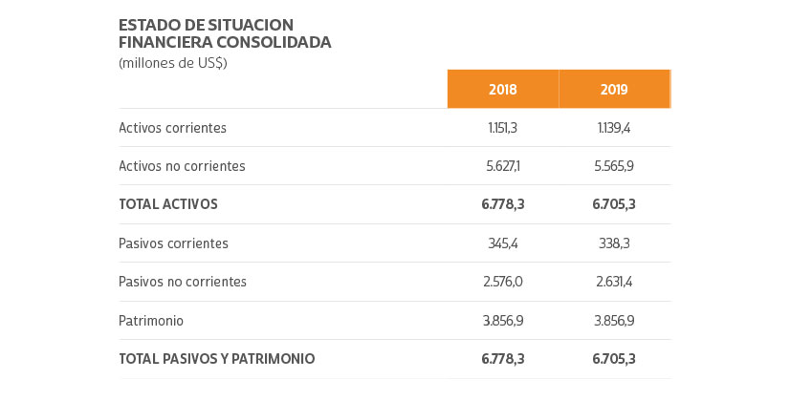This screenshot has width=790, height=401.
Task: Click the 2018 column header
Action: click(x=502, y=90)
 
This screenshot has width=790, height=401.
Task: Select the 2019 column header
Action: click(x=614, y=90)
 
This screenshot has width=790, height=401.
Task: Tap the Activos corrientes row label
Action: click(x=172, y=128)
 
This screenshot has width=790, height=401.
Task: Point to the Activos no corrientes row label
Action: click(x=182, y=166)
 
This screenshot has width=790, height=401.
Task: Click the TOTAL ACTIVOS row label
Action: click(x=168, y=204)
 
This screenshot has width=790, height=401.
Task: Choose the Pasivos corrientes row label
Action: click(x=173, y=243)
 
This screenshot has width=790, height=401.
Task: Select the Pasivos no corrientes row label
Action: click(x=183, y=282)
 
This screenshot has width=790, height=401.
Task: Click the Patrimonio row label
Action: click(x=151, y=321)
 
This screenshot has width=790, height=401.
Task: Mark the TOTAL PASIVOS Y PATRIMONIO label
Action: click(x=216, y=359)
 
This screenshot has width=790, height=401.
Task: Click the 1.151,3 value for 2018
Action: click(x=502, y=128)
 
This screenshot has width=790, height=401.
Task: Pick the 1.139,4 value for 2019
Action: click(x=614, y=128)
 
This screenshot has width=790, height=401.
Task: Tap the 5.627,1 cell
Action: click(x=502, y=166)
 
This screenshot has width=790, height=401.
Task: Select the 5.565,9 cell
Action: click(x=614, y=166)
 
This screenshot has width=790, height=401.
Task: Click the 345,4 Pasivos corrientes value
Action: click(x=502, y=243)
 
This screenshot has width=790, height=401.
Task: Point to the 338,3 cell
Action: click(x=614, y=243)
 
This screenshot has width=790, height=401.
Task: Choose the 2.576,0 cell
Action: click(x=502, y=282)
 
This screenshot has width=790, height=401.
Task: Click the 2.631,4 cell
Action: click(x=614, y=282)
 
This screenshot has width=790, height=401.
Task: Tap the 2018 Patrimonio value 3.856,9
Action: click(x=502, y=321)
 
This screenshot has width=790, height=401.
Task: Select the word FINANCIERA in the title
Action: click(x=159, y=42)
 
